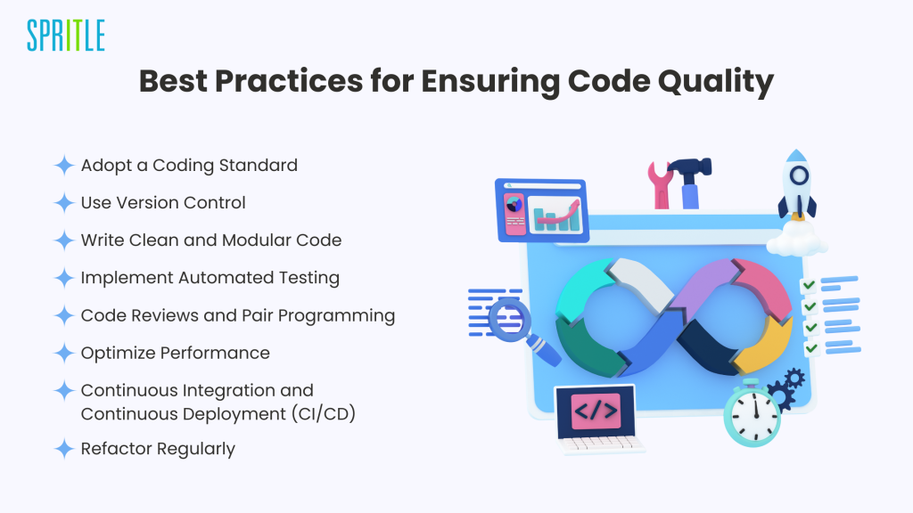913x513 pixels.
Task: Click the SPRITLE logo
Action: [x=66, y=36]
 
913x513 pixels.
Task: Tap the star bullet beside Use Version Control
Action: [x=64, y=203]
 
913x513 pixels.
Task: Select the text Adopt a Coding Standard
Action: [x=189, y=166]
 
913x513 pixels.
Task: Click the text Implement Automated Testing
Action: [x=210, y=278]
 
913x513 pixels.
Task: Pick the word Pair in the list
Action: [x=257, y=315]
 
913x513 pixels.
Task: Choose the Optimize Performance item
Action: [x=176, y=353]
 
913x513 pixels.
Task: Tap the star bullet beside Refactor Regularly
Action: [x=64, y=449]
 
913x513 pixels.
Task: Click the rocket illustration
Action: [x=797, y=185]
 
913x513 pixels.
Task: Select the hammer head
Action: [x=691, y=167]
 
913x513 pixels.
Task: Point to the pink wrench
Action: [x=661, y=185]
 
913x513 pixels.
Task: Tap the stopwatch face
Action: [x=753, y=417]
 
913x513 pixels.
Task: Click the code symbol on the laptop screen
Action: [x=596, y=411]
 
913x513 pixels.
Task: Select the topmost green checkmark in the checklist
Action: [x=808, y=285]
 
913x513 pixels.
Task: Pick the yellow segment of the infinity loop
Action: [x=764, y=346]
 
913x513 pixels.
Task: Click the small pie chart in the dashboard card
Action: [x=514, y=205]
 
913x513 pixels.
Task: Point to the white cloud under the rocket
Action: [x=796, y=239]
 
